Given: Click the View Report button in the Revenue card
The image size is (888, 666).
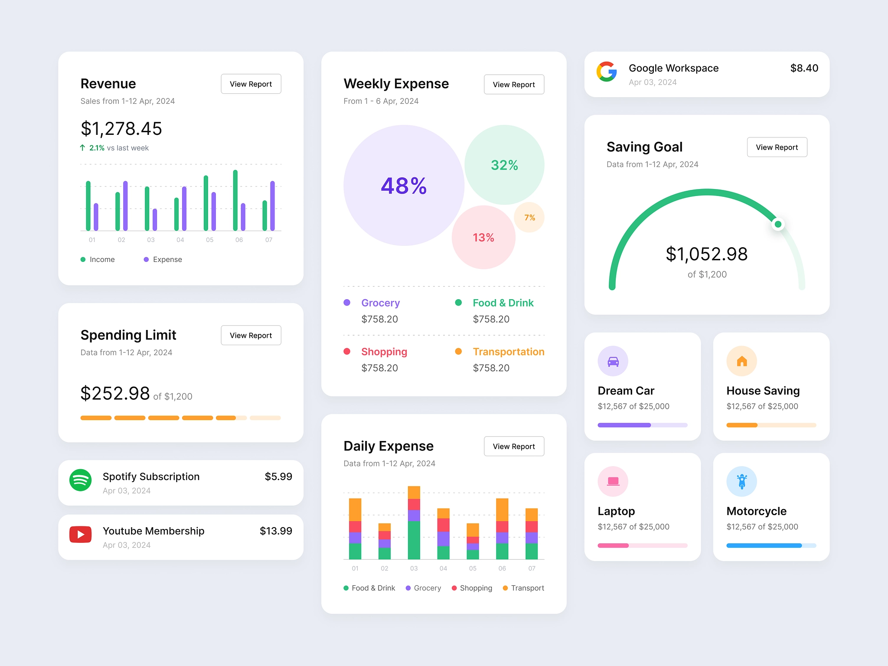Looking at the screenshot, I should coord(251,84).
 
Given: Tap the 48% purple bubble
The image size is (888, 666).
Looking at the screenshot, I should coord(404,186).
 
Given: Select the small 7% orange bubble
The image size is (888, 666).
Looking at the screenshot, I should coord(529,217).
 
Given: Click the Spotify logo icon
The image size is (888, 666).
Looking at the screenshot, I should coord(81,480).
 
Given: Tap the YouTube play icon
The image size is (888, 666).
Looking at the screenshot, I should coord(81,535).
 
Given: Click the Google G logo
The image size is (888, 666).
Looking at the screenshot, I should coord(607,72).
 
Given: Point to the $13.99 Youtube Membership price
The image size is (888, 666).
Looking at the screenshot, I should coord(276,531).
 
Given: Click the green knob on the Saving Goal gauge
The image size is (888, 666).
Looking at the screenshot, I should coord(778,224).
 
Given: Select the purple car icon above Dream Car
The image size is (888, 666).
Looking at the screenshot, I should coord(613,361).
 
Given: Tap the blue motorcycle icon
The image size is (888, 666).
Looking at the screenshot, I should coord(741,481).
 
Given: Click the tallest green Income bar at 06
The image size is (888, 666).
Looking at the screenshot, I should coord(235,200).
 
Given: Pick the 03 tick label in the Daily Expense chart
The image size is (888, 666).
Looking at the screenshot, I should coord(414,568).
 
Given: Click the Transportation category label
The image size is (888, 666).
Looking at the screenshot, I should coord(508,352).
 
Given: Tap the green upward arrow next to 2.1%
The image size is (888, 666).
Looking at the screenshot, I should coord(83,148).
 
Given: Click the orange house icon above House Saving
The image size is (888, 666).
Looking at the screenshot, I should coord(741,361).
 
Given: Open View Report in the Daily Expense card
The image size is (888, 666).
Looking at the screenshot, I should coord(514,446).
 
